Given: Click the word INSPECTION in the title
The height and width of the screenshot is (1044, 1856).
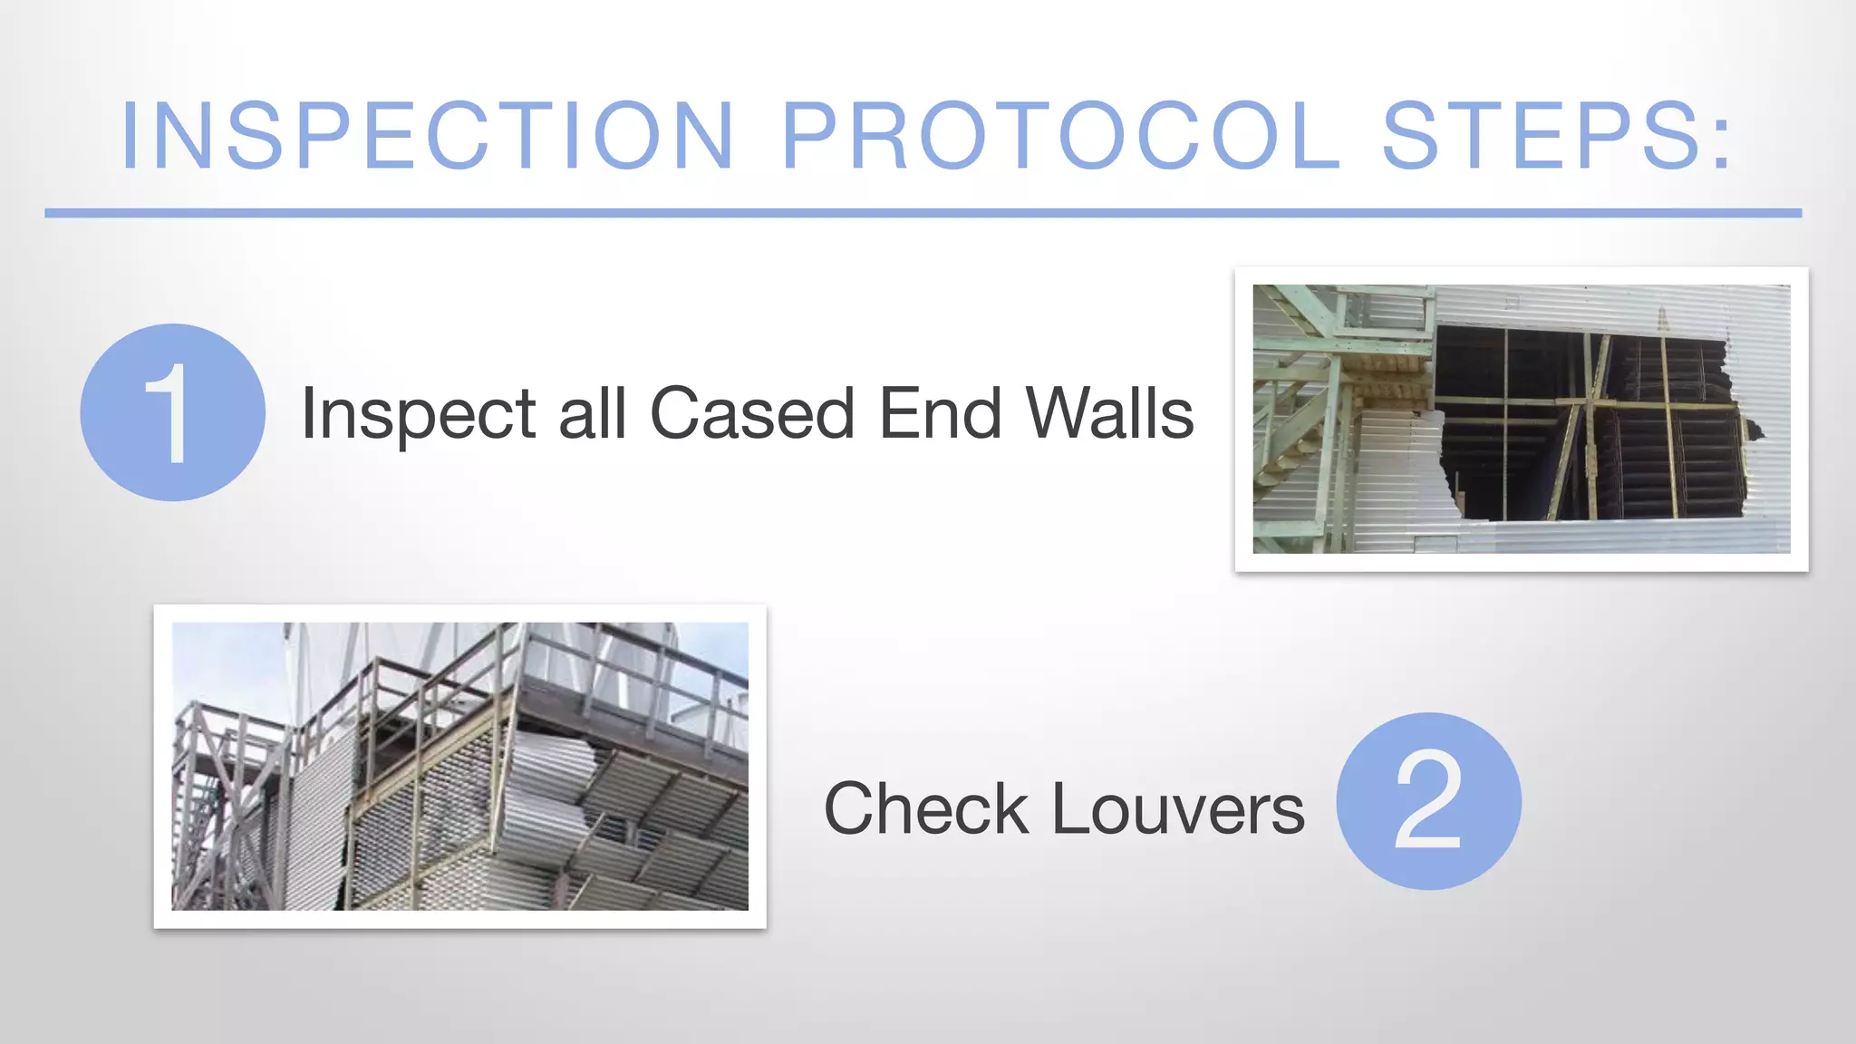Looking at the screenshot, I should [x=427, y=136].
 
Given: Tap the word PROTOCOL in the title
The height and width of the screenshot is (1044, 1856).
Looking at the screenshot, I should [x=1060, y=136].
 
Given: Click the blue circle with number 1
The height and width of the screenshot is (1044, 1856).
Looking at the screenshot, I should [x=172, y=412].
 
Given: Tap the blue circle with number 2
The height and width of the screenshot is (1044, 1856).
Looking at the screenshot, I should [x=1428, y=801].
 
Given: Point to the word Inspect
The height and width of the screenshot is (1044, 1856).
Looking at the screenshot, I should [x=418, y=414].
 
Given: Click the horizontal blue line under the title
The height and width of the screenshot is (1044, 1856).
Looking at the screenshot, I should [x=923, y=213].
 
